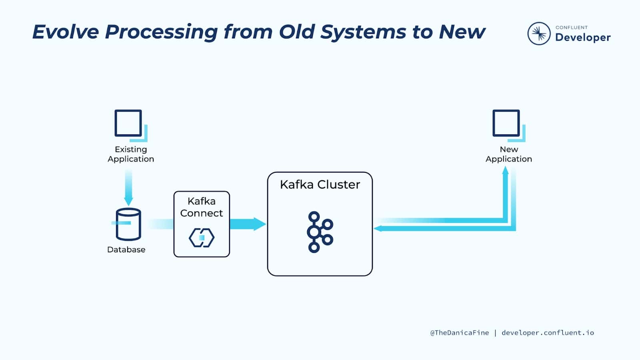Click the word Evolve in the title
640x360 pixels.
pos(66,32)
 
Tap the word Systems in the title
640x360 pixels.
pos(363,32)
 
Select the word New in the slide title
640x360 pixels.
pos(462,32)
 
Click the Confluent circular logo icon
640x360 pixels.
pos(539,34)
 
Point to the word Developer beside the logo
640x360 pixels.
pos(583,38)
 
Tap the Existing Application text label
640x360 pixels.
pos(131,154)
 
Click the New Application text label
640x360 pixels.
pos(509,154)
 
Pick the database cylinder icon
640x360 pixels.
pos(128,224)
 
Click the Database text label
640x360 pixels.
pos(126,250)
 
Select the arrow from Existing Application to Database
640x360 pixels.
pos(128,188)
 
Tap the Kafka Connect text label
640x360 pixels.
pos(202,207)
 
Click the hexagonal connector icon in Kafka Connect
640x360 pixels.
pos(202,238)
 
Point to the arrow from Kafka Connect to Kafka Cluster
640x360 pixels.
pos(248,224)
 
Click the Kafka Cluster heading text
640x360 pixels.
pos(320,184)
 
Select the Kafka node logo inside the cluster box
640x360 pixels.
pos(320,232)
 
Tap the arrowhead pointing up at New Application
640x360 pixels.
pos(506,170)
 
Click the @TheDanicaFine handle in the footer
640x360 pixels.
pos(460,333)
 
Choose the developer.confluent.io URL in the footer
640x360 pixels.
pos(548,333)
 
